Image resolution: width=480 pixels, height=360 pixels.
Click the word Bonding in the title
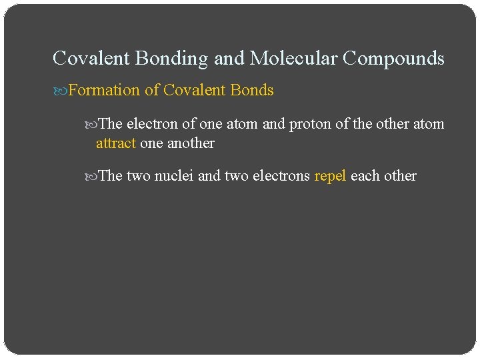pos(172,59)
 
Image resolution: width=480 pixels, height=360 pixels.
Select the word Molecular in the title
pos(293,59)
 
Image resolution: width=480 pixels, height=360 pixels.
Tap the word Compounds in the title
pos(393,59)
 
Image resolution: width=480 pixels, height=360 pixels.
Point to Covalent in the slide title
pos(91,59)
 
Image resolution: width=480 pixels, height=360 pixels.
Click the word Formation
pos(104,90)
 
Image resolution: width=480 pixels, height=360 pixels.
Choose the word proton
pos(309,124)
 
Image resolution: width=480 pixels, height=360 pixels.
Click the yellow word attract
pos(116,143)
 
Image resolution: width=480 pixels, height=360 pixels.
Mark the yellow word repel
pos(330,176)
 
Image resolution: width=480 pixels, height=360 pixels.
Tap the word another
pos(191,143)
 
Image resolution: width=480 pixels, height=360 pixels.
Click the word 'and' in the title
pos(229,59)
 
